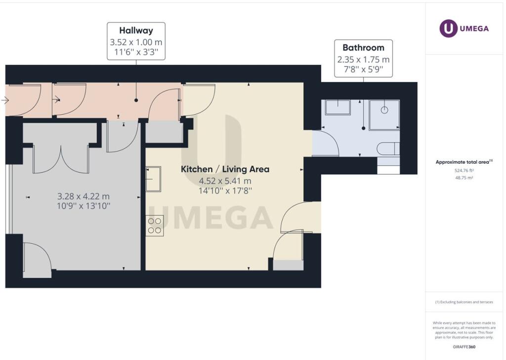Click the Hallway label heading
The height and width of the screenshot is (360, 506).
(x=136, y=31)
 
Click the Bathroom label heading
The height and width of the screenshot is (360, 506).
(x=364, y=48)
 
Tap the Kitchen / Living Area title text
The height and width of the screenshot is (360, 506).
(x=225, y=169)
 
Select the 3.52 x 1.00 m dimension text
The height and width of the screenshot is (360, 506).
(x=136, y=43)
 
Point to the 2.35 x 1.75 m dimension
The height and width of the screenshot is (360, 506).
(x=364, y=59)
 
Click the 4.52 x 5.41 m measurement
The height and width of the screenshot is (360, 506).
(x=225, y=181)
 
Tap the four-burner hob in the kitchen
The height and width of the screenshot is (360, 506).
(x=155, y=225)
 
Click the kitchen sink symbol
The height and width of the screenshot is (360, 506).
(x=153, y=179)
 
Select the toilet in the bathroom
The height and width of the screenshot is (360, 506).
(x=388, y=148)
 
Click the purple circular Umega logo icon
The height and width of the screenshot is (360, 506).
(x=449, y=28)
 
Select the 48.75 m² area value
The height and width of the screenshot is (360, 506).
(x=464, y=178)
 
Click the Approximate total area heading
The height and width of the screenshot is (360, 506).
(x=464, y=162)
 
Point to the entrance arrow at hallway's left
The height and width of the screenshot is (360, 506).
(x=5, y=100)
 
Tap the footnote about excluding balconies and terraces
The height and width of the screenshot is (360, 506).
(x=464, y=302)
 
